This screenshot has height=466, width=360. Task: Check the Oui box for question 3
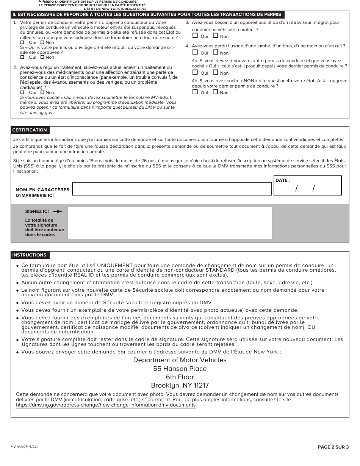[x=195, y=36]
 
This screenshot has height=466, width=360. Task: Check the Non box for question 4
[x=215, y=53]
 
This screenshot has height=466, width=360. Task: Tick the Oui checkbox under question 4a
[x=195, y=72]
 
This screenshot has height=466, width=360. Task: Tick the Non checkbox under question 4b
[x=215, y=92]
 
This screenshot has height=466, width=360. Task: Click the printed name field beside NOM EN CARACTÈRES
[x=172, y=189]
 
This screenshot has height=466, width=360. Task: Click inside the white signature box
[x=170, y=223]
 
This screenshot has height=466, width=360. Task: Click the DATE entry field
[x=307, y=188]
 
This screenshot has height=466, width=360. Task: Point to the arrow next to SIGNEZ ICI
[x=58, y=211]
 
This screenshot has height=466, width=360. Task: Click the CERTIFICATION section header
[x=30, y=130]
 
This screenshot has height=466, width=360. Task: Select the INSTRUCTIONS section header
[x=29, y=255]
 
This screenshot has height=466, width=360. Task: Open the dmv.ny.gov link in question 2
[x=41, y=113]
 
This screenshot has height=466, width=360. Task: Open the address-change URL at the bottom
[x=106, y=405]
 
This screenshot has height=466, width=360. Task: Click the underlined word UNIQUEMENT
[x=115, y=265]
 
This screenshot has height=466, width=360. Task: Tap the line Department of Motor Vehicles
[x=180, y=360]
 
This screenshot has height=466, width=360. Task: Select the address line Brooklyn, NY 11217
[x=180, y=385]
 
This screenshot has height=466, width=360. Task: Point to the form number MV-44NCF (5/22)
[x=24, y=447]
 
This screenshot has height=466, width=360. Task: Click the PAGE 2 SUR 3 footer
[x=333, y=447]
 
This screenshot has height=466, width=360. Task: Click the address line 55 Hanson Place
[x=180, y=369]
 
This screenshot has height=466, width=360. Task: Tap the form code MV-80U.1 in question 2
[x=161, y=97]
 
